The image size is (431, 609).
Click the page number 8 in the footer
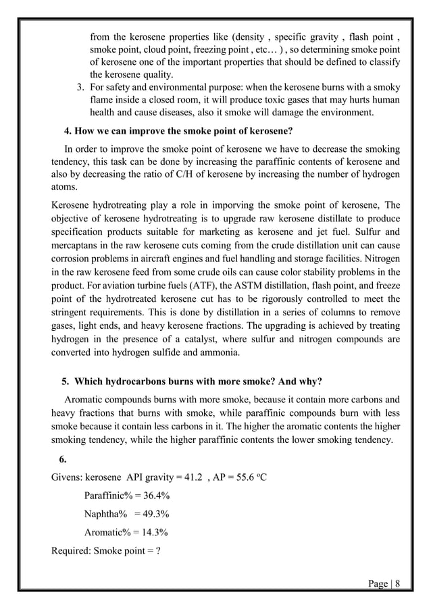coord(397,583)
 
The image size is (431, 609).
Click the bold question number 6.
coord(63,460)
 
